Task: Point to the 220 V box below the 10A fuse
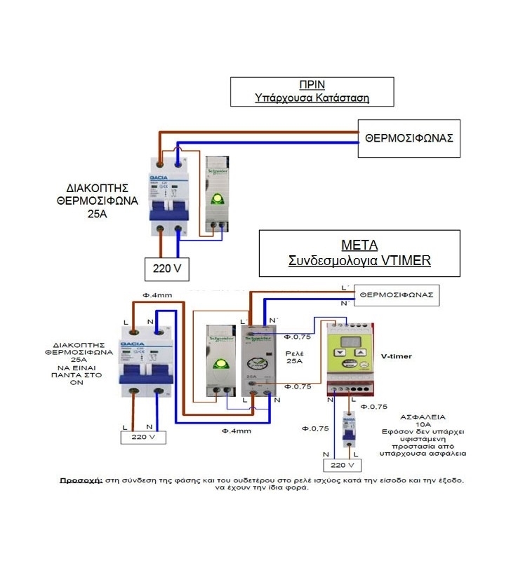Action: [x=342, y=464]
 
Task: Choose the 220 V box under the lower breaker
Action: [x=142, y=437]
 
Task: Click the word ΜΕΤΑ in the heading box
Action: [x=359, y=245]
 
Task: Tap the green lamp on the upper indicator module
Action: [x=218, y=198]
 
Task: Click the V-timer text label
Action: [x=396, y=356]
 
